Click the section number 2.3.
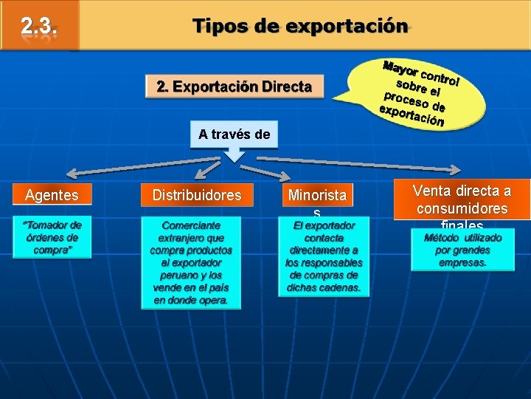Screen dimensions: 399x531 click(38, 27)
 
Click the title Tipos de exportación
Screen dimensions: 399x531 click(299, 27)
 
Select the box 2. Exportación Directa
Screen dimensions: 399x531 click(234, 87)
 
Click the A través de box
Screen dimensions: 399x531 click(234, 134)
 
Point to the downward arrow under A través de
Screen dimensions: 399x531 click(234, 154)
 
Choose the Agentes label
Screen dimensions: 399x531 click(52, 195)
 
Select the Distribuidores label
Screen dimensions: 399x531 click(196, 195)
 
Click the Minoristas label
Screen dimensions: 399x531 click(317, 197)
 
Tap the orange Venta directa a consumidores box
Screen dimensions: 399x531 click(461, 199)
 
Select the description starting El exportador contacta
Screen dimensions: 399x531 click(324, 256)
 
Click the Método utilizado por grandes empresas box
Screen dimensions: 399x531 click(462, 250)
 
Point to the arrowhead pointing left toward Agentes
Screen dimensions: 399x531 click(72, 174)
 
